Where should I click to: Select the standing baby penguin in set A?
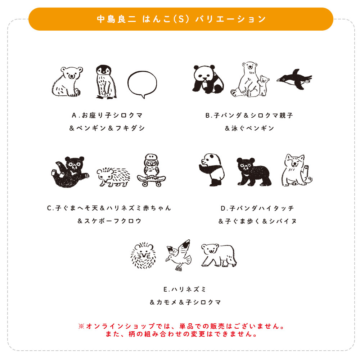click(x=105, y=82)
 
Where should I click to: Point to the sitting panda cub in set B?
click(x=208, y=79)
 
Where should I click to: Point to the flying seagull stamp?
click(x=178, y=255)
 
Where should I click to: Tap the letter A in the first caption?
click(x=74, y=116)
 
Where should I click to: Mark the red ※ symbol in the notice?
click(x=81, y=327)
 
